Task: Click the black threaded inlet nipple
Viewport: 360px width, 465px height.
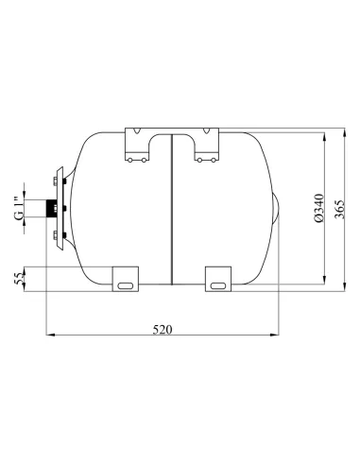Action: tap(48, 206)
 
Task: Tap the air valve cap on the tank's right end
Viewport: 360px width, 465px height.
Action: tap(278, 207)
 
